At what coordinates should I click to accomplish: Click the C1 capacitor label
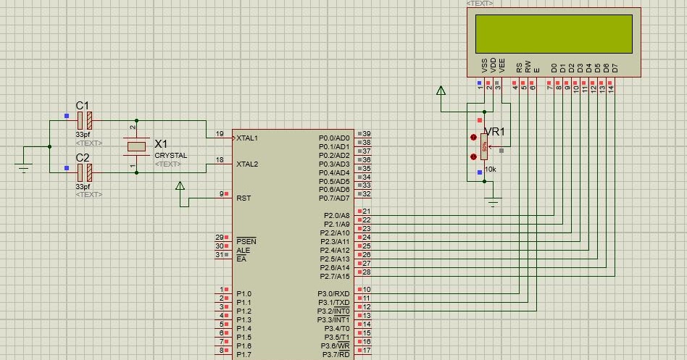(x=83, y=105)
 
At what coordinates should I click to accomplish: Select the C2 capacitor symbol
(x=85, y=172)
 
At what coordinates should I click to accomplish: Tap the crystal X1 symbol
(x=136, y=146)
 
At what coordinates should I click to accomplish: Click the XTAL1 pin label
(x=247, y=138)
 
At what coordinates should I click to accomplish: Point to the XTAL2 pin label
(x=247, y=164)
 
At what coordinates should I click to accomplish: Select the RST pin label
(x=243, y=198)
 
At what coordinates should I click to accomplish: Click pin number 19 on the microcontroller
(x=220, y=134)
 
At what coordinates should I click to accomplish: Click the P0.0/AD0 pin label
(x=334, y=138)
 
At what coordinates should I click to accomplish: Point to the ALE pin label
(x=243, y=250)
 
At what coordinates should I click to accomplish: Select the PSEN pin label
(x=246, y=240)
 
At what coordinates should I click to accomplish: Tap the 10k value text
(x=490, y=169)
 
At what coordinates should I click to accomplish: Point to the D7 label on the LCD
(x=615, y=67)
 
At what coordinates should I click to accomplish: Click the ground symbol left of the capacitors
(x=24, y=169)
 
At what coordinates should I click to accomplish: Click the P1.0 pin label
(x=245, y=294)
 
